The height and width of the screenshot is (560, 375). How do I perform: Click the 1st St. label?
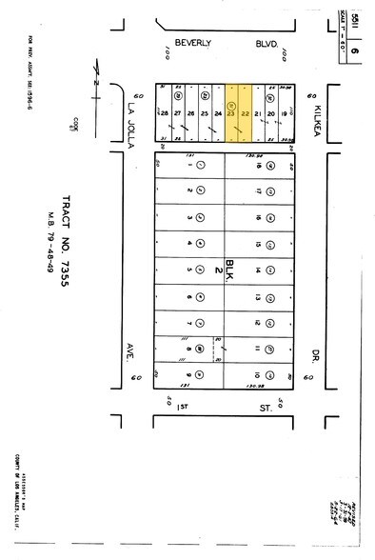[x=224, y=408]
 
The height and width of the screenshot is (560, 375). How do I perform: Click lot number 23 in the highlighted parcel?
[x=231, y=114]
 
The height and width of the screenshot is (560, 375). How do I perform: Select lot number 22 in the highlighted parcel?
[x=245, y=114]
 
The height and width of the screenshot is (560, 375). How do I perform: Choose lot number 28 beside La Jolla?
[x=165, y=114]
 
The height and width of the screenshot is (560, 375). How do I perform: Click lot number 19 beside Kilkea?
[x=286, y=114]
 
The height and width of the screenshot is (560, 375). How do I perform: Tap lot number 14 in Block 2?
[x=258, y=270]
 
